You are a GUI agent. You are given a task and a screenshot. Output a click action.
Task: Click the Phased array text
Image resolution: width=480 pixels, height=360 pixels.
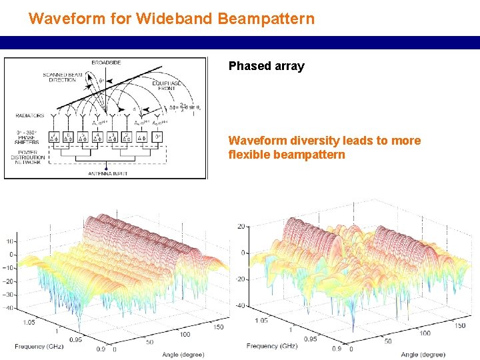(x=266, y=66)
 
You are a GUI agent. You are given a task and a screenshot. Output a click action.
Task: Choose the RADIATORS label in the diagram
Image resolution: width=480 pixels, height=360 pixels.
(x=30, y=115)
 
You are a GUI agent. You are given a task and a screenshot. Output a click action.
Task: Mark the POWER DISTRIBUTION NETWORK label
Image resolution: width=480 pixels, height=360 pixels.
(x=27, y=157)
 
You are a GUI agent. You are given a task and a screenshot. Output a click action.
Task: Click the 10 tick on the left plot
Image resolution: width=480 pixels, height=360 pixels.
(x=11, y=241)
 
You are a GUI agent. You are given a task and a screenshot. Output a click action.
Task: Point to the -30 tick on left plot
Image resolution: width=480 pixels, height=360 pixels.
(x=9, y=295)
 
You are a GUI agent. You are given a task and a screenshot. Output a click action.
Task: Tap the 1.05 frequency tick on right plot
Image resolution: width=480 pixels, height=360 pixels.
(x=261, y=321)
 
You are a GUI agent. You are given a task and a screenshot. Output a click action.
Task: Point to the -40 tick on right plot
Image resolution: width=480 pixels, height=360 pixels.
(x=238, y=305)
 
